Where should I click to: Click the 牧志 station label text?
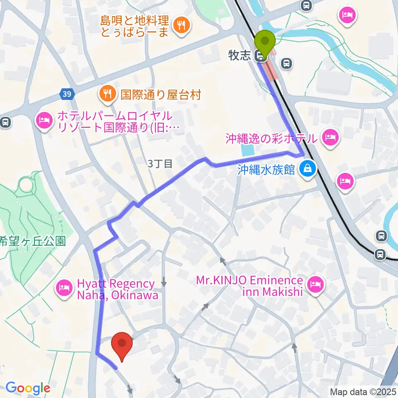pos(240,56)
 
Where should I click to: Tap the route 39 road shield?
pos(67,95)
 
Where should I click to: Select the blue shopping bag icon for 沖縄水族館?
pos(308,169)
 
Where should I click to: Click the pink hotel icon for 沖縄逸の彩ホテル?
pos(330,137)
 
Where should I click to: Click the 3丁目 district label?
pos(160,164)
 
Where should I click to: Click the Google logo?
pos(28,388)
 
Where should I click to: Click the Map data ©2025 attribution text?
pos(363,391)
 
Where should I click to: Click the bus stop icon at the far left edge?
pos(5,122)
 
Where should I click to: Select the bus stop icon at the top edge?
pos(306,5)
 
